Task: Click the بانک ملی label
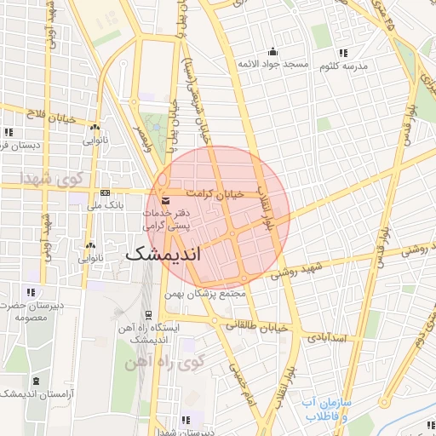(x=106, y=205)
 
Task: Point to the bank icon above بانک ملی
(x=105, y=192)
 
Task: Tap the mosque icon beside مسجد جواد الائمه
(x=272, y=51)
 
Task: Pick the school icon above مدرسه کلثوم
(x=343, y=52)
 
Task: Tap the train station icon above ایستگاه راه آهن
(x=149, y=313)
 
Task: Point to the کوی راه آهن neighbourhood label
(x=165, y=363)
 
